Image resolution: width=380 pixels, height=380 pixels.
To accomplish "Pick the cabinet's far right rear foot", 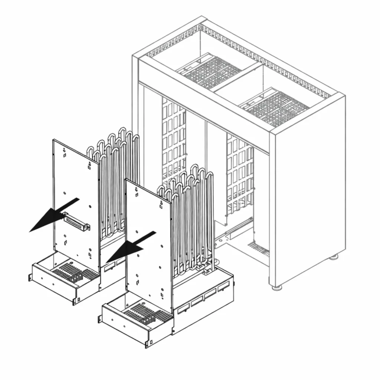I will pos(334,256).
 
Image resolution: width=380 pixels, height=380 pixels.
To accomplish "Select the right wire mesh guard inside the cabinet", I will pos(239,174).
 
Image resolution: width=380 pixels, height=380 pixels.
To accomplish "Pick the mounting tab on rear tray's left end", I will pos(30,276).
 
